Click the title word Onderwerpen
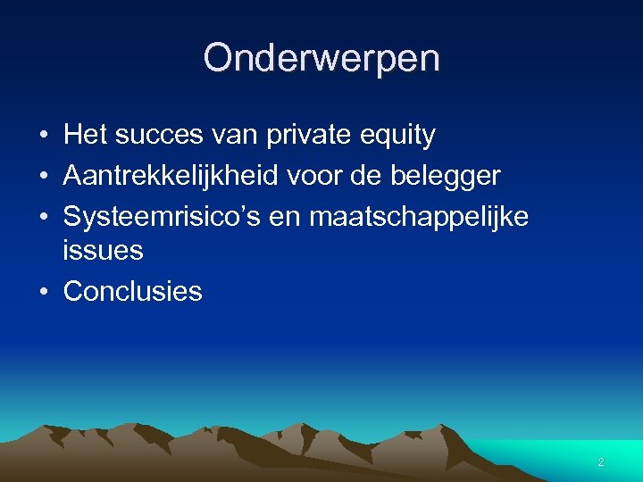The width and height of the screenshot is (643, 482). pyautogui.click(x=321, y=59)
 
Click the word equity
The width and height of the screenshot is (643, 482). pyautogui.click(x=401, y=136)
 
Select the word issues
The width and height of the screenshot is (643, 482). pyautogui.click(x=104, y=251)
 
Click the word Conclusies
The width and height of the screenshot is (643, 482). pyautogui.click(x=133, y=291)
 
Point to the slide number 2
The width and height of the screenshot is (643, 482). pyautogui.click(x=601, y=462)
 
